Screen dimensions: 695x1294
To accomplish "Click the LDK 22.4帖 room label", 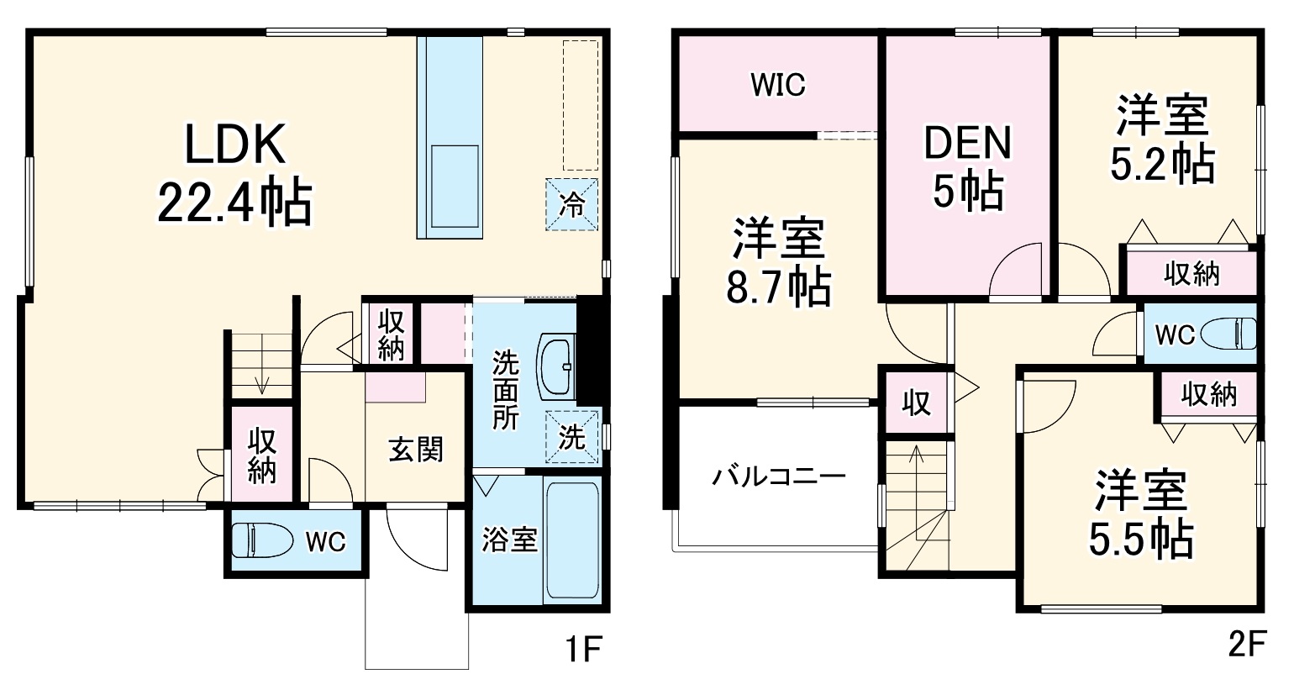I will (235, 173).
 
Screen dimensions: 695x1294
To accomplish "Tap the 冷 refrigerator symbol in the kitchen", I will (572, 204).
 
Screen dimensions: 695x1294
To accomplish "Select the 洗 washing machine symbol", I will (572, 436).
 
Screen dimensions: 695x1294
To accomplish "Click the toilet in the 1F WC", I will (260, 540).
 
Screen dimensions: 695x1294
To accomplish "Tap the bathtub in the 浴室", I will (571, 539).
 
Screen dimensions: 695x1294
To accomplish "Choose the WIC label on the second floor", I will (777, 84).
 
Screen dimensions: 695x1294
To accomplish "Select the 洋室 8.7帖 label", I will (778, 261).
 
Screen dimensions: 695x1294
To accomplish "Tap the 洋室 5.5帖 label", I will (1140, 514).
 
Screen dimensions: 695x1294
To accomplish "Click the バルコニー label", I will (778, 477).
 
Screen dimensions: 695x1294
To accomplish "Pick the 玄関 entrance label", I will (415, 450).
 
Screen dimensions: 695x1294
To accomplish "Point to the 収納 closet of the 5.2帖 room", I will (1191, 273).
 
